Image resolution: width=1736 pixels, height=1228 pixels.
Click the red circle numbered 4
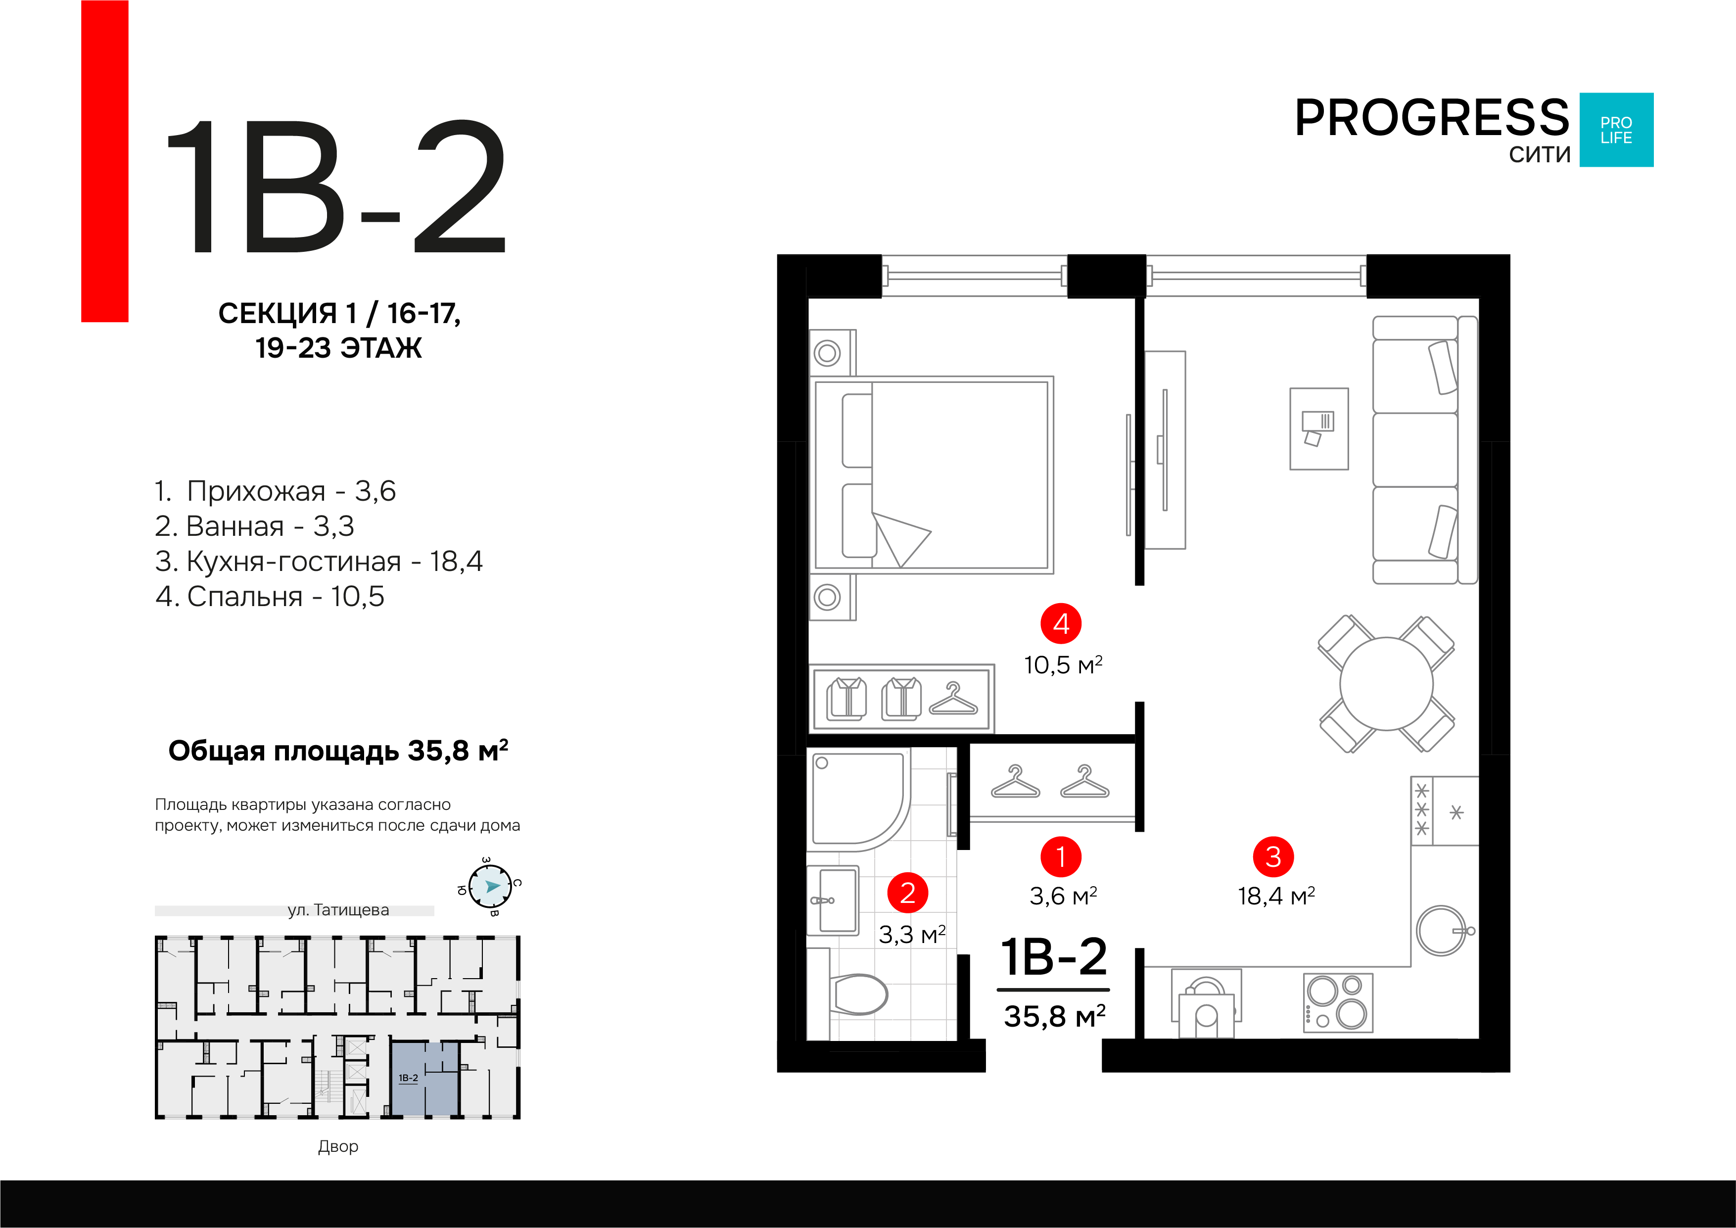pyautogui.click(x=1061, y=624)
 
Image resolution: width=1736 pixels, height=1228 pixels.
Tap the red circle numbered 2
pyautogui.click(x=908, y=893)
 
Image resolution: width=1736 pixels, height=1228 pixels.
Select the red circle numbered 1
pyautogui.click(x=1061, y=857)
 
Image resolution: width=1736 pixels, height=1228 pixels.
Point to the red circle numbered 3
pyautogui.click(x=1273, y=857)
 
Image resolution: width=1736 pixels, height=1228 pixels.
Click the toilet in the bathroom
pyautogui.click(x=858, y=993)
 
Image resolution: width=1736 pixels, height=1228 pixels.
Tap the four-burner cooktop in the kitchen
pyautogui.click(x=1338, y=1003)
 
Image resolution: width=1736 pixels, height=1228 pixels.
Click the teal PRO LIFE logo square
pyautogui.click(x=1617, y=130)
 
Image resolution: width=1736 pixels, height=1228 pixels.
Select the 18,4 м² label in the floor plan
pyautogui.click(x=1276, y=896)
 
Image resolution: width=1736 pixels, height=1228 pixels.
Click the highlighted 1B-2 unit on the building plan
pyautogui.click(x=424, y=1078)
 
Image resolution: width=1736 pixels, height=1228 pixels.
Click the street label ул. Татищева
pyautogui.click(x=338, y=910)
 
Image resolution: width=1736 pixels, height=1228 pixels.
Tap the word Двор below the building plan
pyautogui.click(x=338, y=1146)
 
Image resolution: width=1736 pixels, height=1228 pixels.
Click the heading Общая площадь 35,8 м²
pyautogui.click(x=338, y=751)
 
